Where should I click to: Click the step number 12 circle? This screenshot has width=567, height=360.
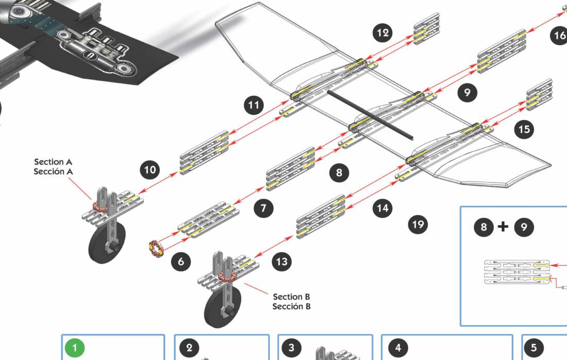pyautogui.click(x=382, y=34)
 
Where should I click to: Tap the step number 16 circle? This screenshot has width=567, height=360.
pyautogui.click(x=560, y=36)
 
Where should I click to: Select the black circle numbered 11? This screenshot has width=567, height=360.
pyautogui.click(x=253, y=106)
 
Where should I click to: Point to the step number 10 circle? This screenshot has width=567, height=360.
pyautogui.click(x=150, y=170)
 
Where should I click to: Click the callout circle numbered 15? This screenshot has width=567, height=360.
pyautogui.click(x=524, y=129)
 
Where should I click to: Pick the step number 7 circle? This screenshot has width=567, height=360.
pyautogui.click(x=263, y=208)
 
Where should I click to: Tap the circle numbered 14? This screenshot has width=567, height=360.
pyautogui.click(x=382, y=208)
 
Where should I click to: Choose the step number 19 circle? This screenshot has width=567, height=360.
pyautogui.click(x=418, y=224)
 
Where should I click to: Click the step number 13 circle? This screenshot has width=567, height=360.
pyautogui.click(x=281, y=261)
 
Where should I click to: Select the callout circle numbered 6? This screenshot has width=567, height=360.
pyautogui.click(x=180, y=261)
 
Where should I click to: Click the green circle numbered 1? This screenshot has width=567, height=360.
pyautogui.click(x=75, y=348)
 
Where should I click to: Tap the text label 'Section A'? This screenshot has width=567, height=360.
pyautogui.click(x=54, y=162)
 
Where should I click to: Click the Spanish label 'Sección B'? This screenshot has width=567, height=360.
pyautogui.click(x=291, y=306)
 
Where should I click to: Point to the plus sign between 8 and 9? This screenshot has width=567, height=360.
pyautogui.click(x=503, y=226)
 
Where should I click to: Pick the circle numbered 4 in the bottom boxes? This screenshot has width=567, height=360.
pyautogui.click(x=397, y=348)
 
